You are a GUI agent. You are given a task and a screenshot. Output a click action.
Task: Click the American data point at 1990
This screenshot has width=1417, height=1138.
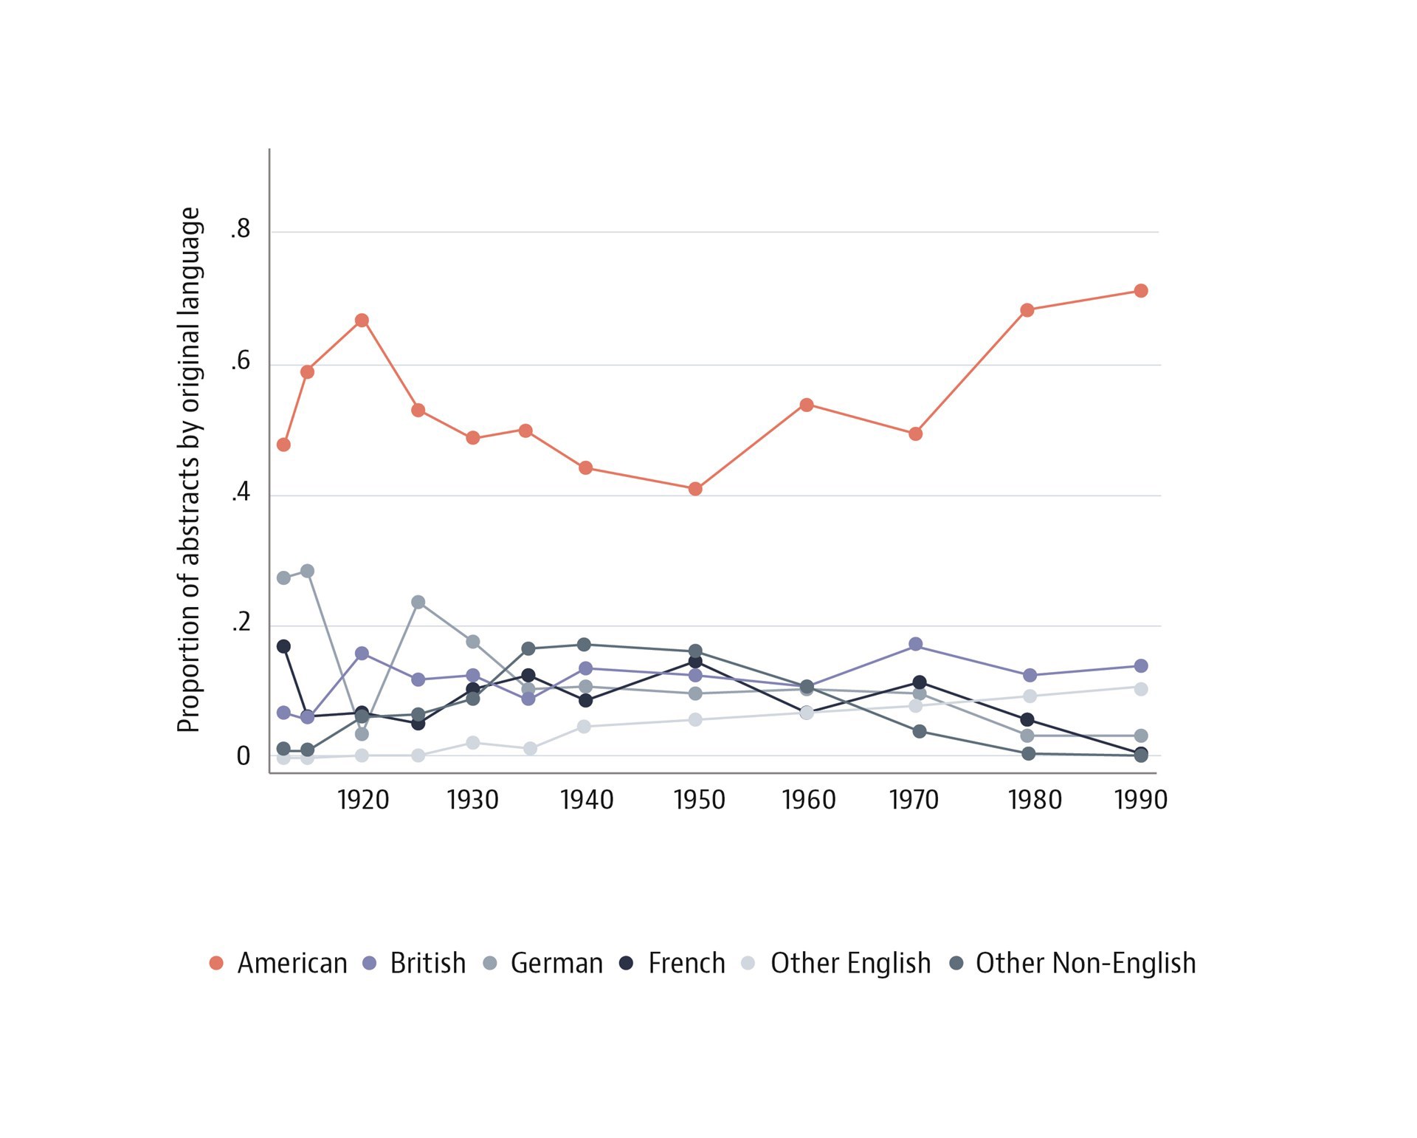click(x=1140, y=291)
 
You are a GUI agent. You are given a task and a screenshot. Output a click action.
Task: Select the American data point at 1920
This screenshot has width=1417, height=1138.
click(x=362, y=321)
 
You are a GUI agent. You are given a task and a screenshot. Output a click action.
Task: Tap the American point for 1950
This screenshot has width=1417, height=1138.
click(x=694, y=489)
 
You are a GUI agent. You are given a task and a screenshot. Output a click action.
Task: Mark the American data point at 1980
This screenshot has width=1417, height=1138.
click(x=1027, y=310)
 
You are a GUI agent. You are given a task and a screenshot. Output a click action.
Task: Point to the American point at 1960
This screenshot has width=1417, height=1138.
click(x=807, y=405)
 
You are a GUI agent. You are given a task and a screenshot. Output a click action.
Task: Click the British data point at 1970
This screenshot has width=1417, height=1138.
click(x=916, y=644)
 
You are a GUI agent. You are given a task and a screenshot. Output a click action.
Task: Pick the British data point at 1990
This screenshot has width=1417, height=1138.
click(x=1140, y=666)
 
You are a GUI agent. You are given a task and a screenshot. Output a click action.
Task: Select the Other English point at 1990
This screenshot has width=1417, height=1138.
click(x=1140, y=689)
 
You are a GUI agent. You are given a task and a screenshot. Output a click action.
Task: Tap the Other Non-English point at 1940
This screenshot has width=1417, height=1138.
click(x=584, y=645)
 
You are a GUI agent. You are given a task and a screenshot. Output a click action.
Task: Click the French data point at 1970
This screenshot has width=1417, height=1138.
click(x=920, y=682)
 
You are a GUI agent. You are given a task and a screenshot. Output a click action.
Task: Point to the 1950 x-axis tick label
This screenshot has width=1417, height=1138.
click(x=699, y=800)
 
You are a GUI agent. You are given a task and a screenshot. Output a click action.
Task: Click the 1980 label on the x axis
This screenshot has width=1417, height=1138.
click(x=1035, y=800)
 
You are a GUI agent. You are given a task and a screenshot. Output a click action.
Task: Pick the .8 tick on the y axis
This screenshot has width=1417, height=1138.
click(x=241, y=230)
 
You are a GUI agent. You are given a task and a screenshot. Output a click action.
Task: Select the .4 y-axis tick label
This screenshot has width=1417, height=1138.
click(x=241, y=493)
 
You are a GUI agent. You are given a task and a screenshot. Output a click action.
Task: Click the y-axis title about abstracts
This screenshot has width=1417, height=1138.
click(x=189, y=470)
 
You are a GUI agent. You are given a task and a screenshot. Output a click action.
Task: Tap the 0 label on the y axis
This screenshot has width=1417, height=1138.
click(x=243, y=756)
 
